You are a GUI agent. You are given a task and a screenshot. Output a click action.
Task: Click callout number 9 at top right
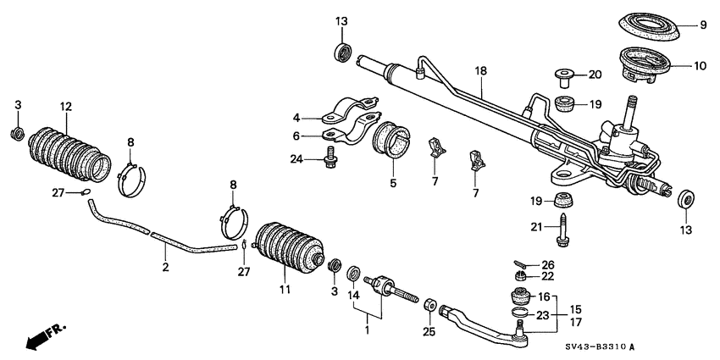[x=702, y=25]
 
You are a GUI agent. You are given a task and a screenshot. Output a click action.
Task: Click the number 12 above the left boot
[x=66, y=107]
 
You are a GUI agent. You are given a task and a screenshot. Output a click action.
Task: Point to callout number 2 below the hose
[x=165, y=267]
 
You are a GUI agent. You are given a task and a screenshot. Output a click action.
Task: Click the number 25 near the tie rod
[x=428, y=332]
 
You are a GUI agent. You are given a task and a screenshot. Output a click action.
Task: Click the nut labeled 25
[x=429, y=303]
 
